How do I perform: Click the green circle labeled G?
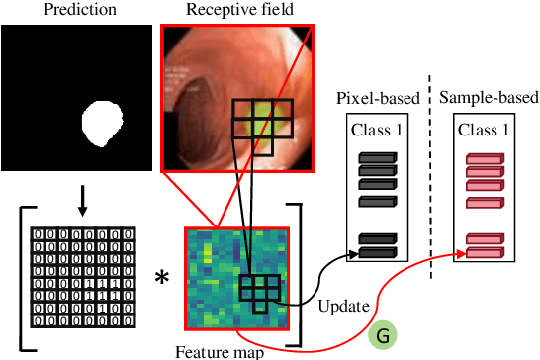tap(382, 336)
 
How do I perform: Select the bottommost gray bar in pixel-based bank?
tap(376, 254)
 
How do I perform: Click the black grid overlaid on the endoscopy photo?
tap(260, 126)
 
